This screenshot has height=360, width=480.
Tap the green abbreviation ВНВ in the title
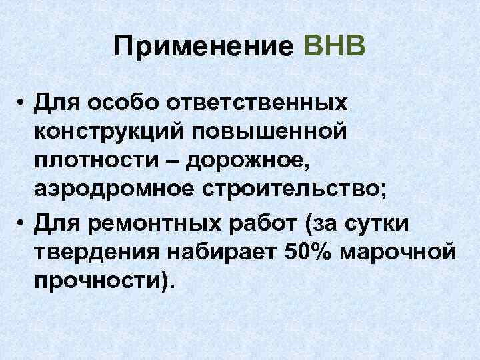coord(334,47)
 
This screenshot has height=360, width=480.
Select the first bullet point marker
coord(22,105)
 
